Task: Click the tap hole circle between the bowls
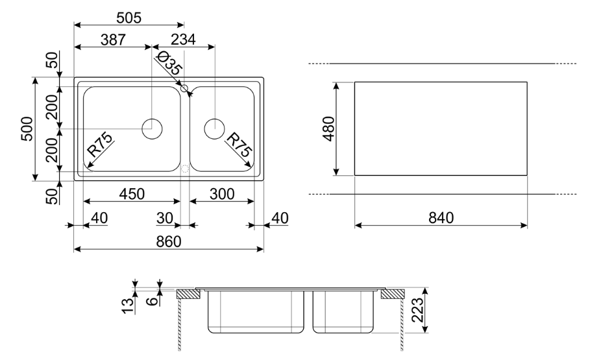(184, 88)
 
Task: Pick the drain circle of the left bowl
(152, 128)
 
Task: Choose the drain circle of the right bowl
(214, 128)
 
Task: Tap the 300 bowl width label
(221, 194)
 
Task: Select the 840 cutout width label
(441, 218)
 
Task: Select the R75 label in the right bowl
(238, 146)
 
